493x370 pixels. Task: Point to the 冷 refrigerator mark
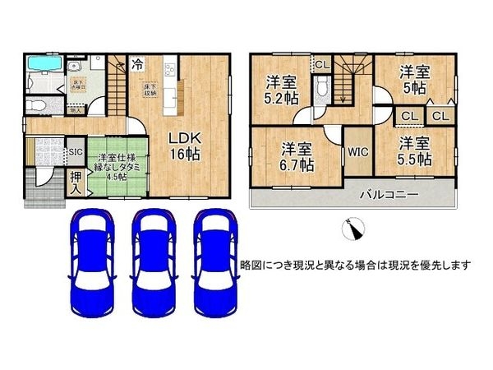138,62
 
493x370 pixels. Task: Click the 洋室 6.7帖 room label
295,156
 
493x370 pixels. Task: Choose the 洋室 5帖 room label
414,80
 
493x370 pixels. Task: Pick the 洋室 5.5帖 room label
414,152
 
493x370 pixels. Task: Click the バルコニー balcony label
388,195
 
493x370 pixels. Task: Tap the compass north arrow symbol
353,229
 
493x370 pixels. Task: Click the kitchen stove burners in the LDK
171,67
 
